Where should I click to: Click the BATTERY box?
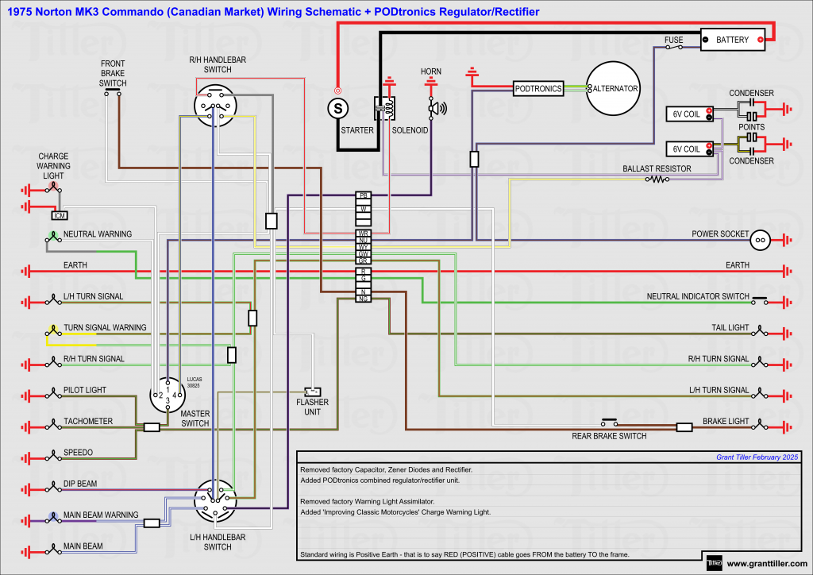(732, 40)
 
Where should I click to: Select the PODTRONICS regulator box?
(538, 89)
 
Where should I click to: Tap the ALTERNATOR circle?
(614, 89)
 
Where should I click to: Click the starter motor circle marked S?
(338, 106)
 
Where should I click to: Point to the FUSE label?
(674, 39)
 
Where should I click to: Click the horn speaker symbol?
(436, 108)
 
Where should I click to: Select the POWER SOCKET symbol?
(760, 239)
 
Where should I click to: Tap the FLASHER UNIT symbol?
(313, 392)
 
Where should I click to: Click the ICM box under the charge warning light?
(59, 215)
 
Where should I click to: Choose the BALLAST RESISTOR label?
(657, 169)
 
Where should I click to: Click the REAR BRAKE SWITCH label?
(609, 436)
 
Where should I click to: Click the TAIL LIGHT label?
(730, 328)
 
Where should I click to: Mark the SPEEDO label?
(78, 453)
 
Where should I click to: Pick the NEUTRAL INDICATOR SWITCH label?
(697, 297)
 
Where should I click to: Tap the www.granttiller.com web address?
(767, 564)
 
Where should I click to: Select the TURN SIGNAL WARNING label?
(105, 328)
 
